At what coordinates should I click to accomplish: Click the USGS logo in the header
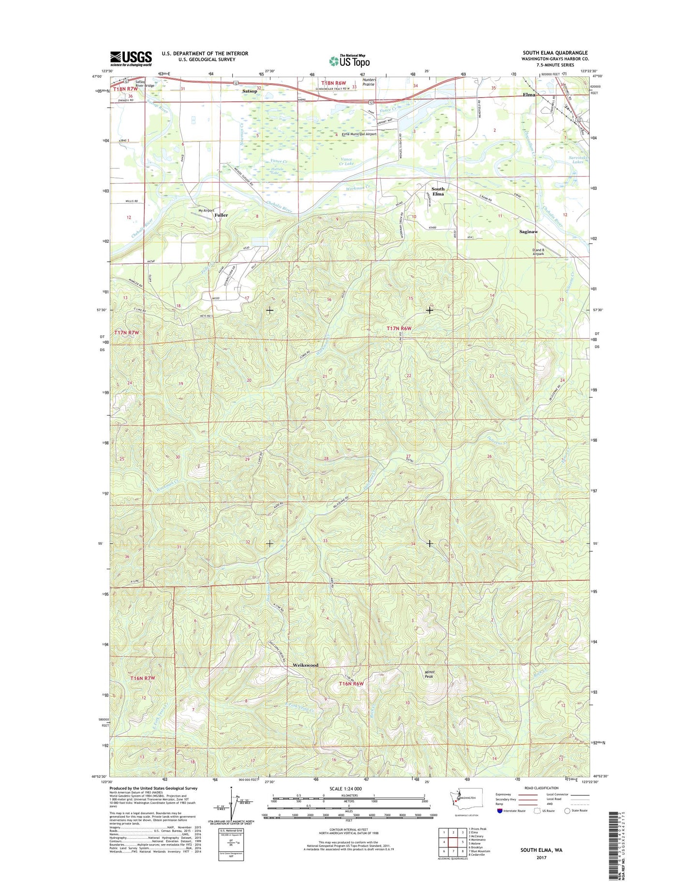131,59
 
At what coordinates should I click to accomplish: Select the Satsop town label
250,91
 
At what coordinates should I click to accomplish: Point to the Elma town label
529,95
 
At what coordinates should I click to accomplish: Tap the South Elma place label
438,191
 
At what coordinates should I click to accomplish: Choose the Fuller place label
221,215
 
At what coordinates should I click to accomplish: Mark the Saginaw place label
528,232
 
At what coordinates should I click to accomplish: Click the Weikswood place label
306,665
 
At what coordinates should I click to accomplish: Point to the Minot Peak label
429,674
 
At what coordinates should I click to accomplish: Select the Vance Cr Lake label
347,161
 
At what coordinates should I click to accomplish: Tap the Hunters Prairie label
369,82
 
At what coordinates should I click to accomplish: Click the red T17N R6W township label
399,328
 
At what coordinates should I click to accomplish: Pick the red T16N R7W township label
143,678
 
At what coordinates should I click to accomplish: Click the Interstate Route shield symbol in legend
499,811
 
